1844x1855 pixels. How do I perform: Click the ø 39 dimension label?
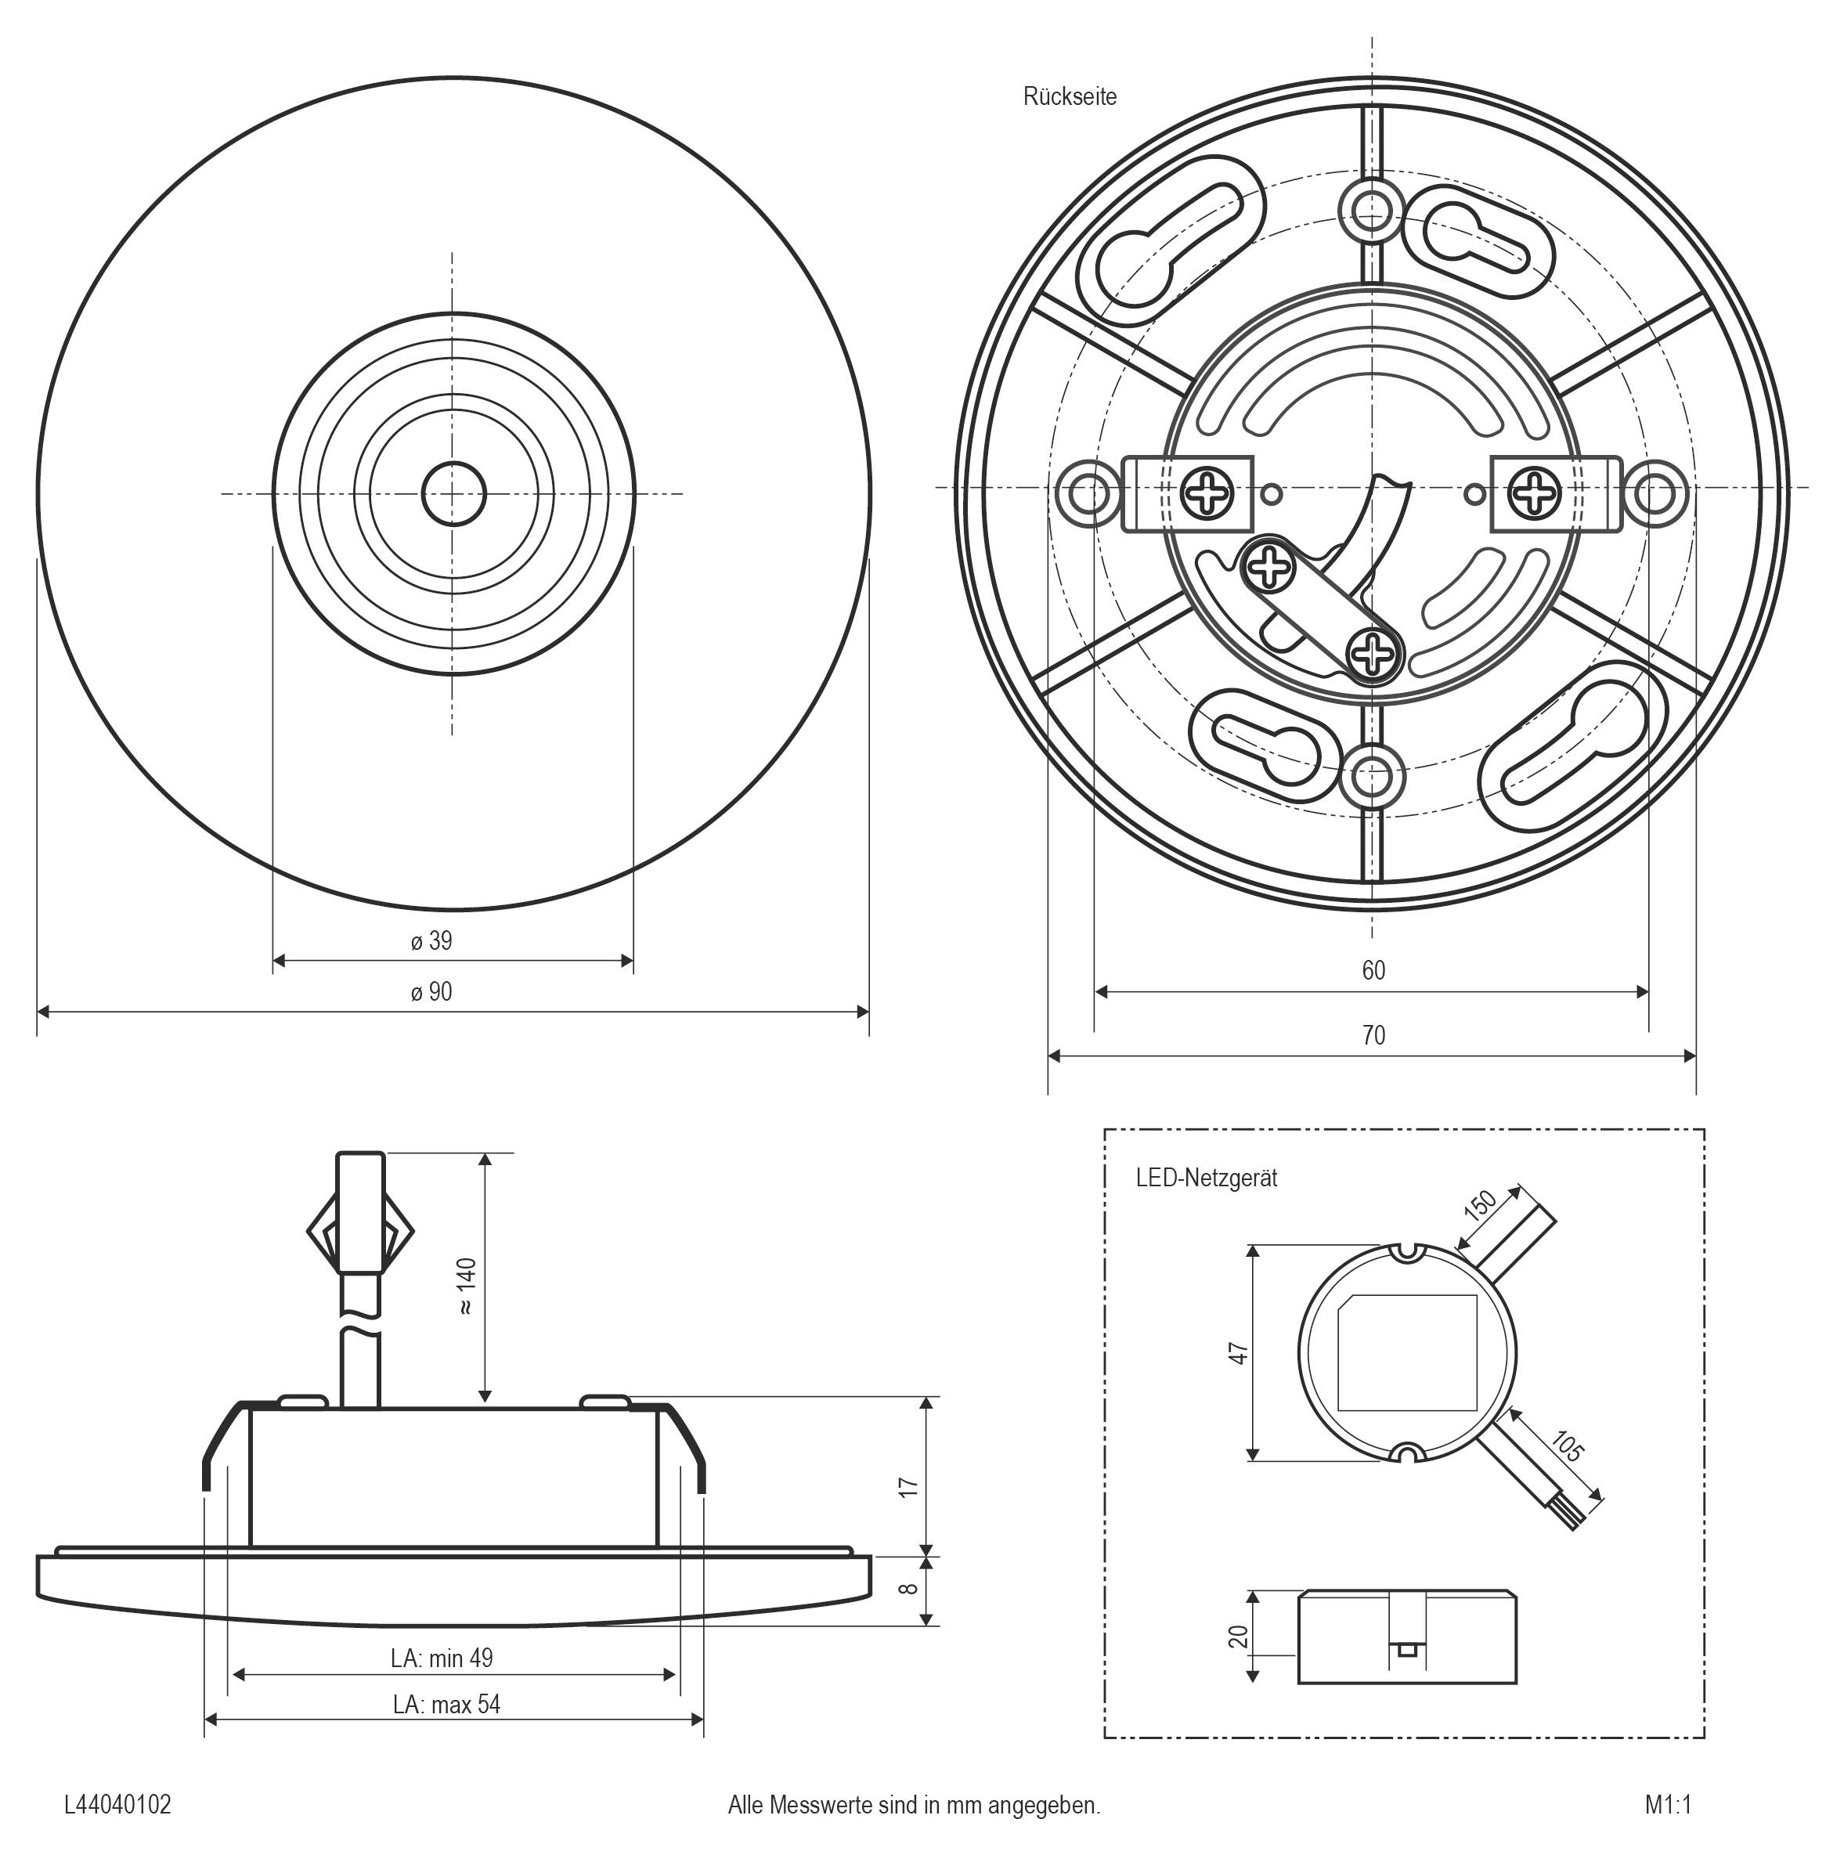[431, 941]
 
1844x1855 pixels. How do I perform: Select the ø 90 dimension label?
[431, 992]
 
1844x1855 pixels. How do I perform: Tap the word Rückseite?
[1070, 97]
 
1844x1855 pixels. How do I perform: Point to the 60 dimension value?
[1373, 971]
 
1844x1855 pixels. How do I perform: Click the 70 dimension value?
[1373, 1035]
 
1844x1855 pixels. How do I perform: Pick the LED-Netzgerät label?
[1206, 1178]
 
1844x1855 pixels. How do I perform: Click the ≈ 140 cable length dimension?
[466, 1287]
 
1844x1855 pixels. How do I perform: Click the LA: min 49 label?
[442, 1658]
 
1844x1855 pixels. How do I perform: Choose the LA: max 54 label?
[446, 1704]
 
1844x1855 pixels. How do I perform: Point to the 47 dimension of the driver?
[1240, 1354]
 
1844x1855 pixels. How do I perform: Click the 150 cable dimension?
[1481, 1204]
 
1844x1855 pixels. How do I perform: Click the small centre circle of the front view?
[453, 493]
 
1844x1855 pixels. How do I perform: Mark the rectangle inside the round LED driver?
[1406, 1352]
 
